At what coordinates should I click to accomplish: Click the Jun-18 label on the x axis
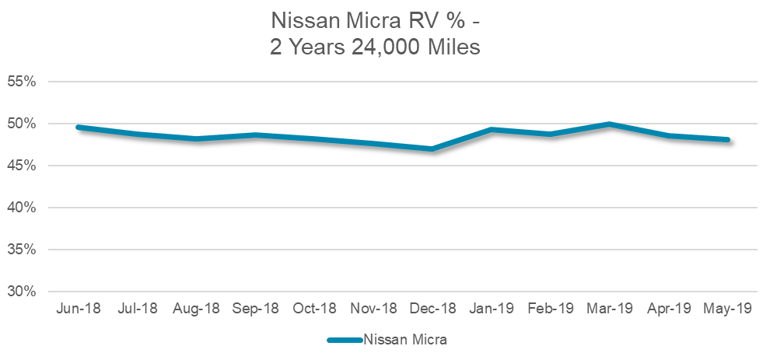point(78,309)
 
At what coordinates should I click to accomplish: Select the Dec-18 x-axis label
point(432,309)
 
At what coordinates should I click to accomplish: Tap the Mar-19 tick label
point(610,309)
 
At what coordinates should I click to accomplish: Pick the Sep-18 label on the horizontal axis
point(255,309)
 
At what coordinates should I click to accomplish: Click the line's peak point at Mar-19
point(610,124)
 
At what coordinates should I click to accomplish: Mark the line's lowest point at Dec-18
point(432,149)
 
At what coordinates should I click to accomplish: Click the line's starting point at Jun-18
point(78,127)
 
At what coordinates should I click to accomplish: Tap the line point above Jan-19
point(492,129)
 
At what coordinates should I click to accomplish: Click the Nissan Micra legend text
point(405,339)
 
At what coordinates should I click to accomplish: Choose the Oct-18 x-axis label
point(314,309)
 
